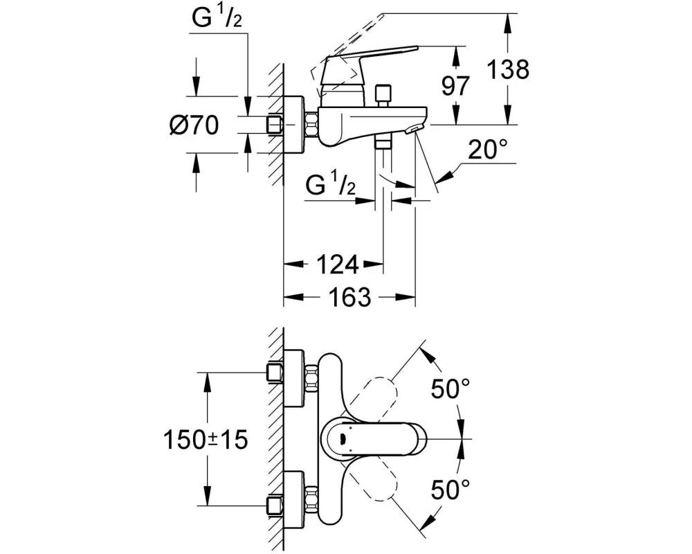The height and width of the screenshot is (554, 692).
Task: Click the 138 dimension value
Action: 508,70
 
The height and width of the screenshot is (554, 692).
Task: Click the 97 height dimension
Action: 455,86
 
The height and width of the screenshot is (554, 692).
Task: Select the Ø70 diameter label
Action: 194,125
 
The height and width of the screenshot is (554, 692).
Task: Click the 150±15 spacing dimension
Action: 206,440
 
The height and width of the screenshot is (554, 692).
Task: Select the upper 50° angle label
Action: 450,388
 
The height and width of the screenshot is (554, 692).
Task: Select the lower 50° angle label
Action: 450,489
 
